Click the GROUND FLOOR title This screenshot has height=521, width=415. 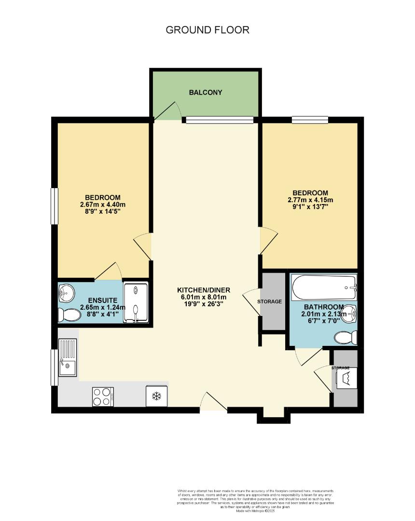click(x=207, y=30)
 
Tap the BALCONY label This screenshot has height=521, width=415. click(x=206, y=92)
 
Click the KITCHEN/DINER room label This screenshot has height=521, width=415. click(x=204, y=290)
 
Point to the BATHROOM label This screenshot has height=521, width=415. click(x=323, y=307)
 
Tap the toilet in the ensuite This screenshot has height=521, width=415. click(x=69, y=315)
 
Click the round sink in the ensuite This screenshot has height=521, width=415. click(x=66, y=292)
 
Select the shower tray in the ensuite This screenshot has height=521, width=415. click(x=136, y=302)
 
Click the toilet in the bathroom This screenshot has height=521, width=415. click(x=346, y=338)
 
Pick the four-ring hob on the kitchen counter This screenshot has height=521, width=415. click(x=103, y=397)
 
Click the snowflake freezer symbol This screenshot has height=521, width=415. click(x=156, y=397)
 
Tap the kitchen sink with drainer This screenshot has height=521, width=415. click(x=67, y=357)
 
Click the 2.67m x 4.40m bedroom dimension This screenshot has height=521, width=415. click(x=103, y=205)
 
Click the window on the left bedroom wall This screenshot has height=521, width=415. click(x=55, y=206)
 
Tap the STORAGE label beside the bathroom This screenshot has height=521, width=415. click(x=269, y=302)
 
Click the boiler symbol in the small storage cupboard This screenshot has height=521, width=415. click(x=346, y=379)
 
